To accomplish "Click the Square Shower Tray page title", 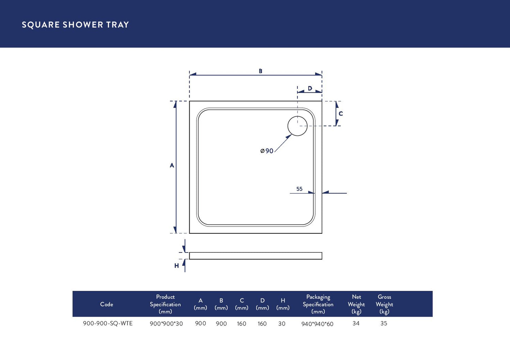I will tap(75, 25).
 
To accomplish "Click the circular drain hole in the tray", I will tap(297, 126).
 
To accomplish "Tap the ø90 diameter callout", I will tap(267, 151).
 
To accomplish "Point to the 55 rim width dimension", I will tap(299, 189).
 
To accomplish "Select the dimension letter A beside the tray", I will tap(172, 165).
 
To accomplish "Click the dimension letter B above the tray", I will tap(260, 71).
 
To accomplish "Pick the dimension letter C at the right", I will tap(341, 114).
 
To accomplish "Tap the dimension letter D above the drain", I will tap(310, 88).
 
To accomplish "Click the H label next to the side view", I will tap(176, 266).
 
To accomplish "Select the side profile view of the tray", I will tap(256, 256).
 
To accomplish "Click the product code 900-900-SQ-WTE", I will tap(108, 323).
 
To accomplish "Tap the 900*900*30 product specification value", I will tap(166, 324).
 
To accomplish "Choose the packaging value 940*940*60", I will tap(317, 324).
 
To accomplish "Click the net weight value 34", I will tap(356, 323).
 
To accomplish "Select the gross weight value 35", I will tap(384, 323).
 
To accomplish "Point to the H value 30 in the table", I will tap(282, 324).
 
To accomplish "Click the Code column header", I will tap(107, 304).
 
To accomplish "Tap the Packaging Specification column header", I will tap(318, 304).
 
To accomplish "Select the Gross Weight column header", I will tap(384, 304).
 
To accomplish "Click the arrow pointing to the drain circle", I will tap(283, 143).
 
